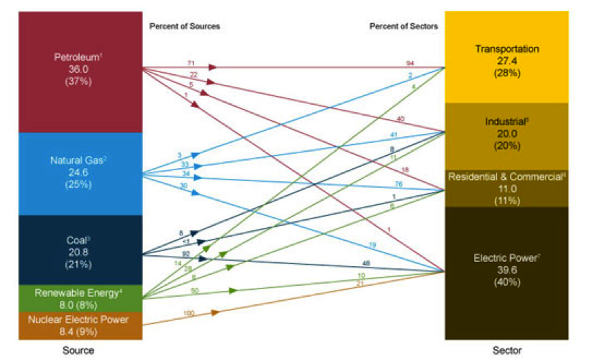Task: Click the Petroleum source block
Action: (x=80, y=71)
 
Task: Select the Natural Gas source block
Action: (x=80, y=174)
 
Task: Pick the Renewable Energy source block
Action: (x=80, y=298)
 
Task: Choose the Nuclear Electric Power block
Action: (x=80, y=325)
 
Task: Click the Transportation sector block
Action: (x=507, y=61)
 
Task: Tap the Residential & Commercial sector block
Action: (x=507, y=188)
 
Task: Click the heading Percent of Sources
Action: (x=185, y=27)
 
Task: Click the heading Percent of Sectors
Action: (x=404, y=27)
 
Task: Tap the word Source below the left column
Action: (x=80, y=350)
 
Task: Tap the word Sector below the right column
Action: (x=507, y=350)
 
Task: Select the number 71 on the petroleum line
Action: (x=191, y=63)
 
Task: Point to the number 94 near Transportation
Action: (x=409, y=63)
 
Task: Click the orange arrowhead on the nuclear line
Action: (x=215, y=312)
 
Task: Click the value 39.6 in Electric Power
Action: (x=507, y=271)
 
